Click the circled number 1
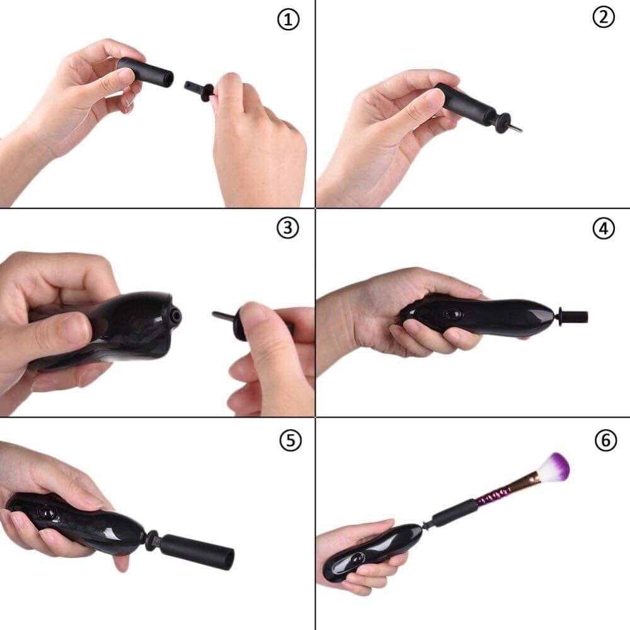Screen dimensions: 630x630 [289, 20]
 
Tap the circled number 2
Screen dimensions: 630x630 [604, 17]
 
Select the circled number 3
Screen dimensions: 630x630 [288, 228]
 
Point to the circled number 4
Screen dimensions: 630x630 [604, 229]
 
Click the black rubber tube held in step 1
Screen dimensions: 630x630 [146, 72]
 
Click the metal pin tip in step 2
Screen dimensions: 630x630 [517, 128]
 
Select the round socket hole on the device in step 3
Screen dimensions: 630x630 [175, 316]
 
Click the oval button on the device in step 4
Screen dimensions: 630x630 [453, 313]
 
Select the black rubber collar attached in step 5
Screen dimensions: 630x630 [197, 551]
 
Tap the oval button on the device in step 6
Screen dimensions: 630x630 [356, 558]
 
